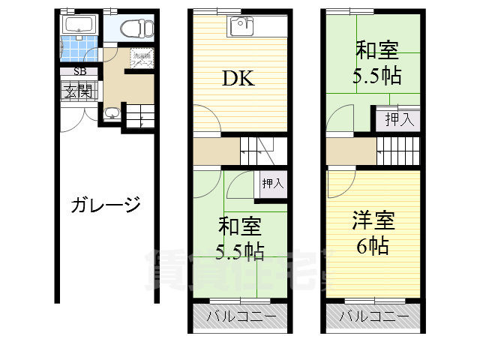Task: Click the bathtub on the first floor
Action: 77,28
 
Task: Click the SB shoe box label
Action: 78,72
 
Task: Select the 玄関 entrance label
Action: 77,91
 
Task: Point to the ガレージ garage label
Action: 106,205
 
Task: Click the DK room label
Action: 236,78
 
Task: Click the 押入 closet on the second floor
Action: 272,184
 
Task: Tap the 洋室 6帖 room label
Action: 373,232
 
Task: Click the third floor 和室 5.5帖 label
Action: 376,63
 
